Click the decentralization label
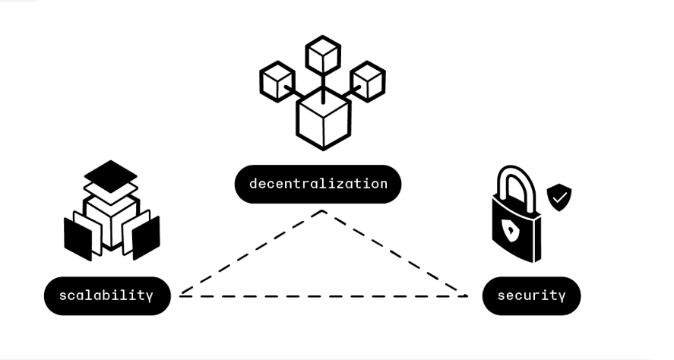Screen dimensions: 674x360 pos(318,184)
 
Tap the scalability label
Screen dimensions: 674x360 pos(107,295)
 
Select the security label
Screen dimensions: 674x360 pos(531,295)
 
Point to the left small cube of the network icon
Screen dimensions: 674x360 pos(277,81)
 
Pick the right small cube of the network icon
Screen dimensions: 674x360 pos(368,81)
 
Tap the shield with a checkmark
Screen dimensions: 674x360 pos(559,197)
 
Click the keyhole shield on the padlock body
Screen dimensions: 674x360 pos(511,231)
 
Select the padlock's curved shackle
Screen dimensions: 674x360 pos(516,169)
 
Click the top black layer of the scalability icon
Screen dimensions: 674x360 pos(111,176)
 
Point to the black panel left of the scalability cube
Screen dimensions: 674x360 pos(78,238)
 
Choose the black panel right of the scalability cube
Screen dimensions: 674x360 pos(146,238)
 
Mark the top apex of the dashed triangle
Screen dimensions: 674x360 pos(323,210)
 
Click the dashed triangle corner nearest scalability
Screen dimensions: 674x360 pos(181,295)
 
